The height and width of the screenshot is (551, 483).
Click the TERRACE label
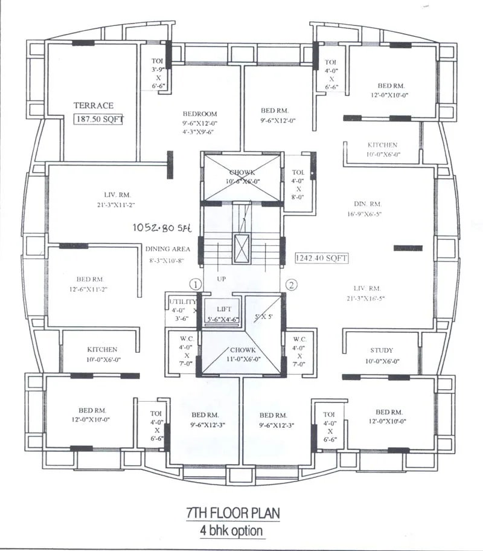93,105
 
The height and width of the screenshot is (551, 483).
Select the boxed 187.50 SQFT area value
99,119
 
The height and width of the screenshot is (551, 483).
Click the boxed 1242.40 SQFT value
321,258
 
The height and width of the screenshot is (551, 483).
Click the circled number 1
194,283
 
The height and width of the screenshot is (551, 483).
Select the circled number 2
290,283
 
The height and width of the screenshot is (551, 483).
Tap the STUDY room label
382,350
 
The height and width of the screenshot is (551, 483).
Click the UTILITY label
182,301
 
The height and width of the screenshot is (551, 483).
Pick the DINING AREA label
168,249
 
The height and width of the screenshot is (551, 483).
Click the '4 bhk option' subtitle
232,530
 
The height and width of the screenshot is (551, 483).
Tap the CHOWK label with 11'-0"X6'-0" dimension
243,350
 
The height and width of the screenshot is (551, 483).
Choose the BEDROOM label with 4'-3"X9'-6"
200,114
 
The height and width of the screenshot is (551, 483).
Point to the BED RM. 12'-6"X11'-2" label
91,280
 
